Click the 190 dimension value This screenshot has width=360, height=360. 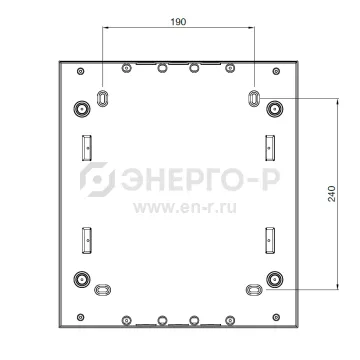coord(178,22)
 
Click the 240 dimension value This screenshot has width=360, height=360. coord(332,194)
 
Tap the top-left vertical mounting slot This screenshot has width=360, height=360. coord(102,98)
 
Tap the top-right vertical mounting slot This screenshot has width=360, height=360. coord(254,98)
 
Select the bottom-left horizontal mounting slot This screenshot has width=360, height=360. coord(102,290)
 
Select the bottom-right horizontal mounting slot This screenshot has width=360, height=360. coord(254,290)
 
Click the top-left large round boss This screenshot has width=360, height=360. coord(82,109)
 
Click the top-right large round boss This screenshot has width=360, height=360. coord(275,109)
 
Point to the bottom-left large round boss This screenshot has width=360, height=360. coord(82,279)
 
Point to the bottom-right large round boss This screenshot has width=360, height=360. coord(275,279)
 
